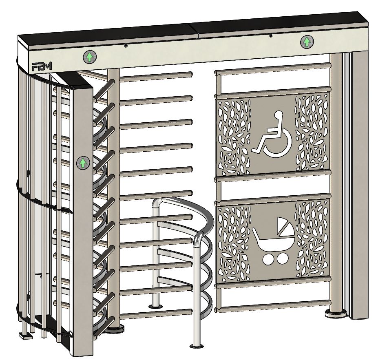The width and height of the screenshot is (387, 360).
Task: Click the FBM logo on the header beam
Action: point(42,66)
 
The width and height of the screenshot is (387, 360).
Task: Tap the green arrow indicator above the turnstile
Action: point(90,57)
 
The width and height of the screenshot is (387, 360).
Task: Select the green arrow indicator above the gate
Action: point(307,42)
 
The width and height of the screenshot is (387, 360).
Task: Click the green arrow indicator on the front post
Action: point(83,163)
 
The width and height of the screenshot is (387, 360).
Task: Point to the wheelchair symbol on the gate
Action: point(272,135)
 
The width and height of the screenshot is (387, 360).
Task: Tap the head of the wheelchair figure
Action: point(279,115)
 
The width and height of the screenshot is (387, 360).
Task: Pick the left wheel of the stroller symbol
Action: point(267,259)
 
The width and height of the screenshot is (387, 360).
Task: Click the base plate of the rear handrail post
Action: point(155,307)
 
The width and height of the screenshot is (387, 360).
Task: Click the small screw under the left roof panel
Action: point(126,45)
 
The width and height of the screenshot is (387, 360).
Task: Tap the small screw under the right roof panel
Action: point(271,36)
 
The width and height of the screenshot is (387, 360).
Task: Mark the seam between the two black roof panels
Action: point(193,31)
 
